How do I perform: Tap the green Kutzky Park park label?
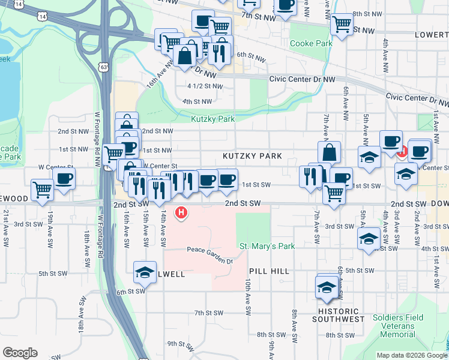click(212, 119)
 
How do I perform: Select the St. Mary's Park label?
click(267, 246)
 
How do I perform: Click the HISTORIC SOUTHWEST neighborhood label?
click(338, 316)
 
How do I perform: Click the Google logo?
click(20, 353)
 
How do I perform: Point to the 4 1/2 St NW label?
click(205, 86)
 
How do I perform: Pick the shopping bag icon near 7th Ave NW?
click(329, 152)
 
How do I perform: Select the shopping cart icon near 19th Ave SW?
click(42, 190)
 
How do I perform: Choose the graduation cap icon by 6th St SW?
click(144, 272)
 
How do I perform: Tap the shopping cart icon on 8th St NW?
click(342, 24)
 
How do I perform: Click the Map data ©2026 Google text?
click(412, 355)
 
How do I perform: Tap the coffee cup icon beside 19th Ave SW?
click(64, 178)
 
